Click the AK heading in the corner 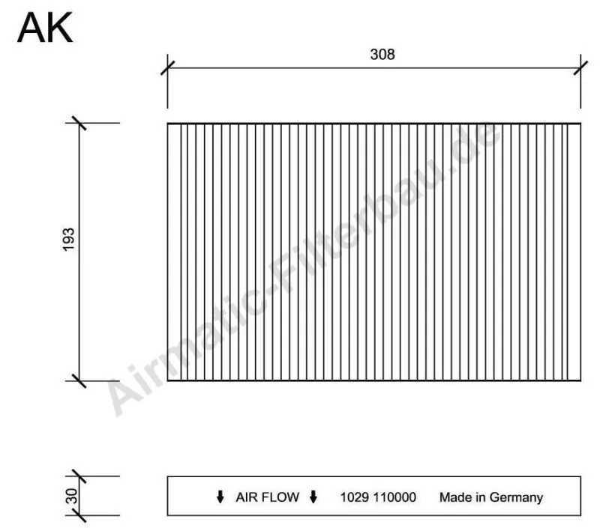click(45, 28)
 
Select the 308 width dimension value click(382, 55)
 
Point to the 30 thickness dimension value click(69, 496)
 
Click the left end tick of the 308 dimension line click(167, 67)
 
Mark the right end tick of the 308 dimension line click(580, 67)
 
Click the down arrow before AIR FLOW click(220, 497)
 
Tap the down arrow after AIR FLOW click(313, 497)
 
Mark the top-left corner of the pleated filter click(167, 123)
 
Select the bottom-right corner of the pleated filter click(580, 380)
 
